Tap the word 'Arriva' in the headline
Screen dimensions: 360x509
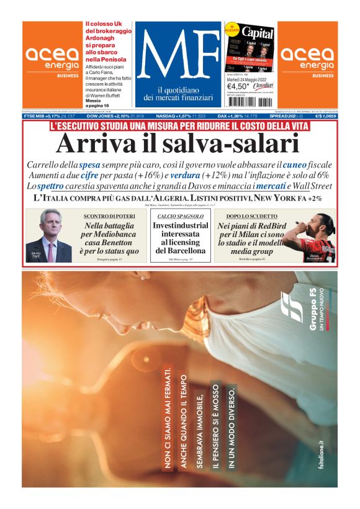[93, 144]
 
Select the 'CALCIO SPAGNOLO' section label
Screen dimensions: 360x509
[180, 215]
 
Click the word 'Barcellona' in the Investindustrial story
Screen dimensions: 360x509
[180, 251]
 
